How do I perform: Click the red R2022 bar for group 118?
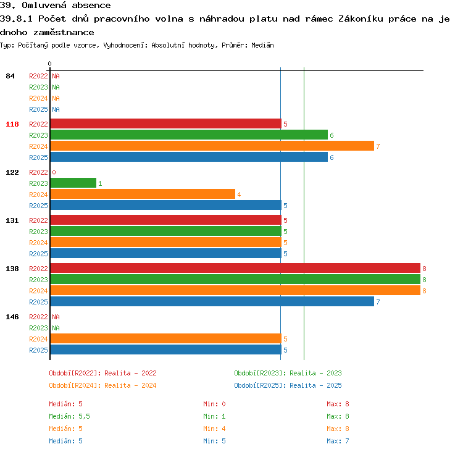click(166, 123)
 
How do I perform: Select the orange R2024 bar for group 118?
click(212, 146)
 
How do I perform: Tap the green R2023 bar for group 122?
click(73, 183)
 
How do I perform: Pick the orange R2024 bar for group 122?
click(143, 194)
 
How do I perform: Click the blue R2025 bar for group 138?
click(212, 301)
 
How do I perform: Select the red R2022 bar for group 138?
click(235, 268)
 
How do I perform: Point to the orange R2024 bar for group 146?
click(166, 338)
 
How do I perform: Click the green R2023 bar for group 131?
click(166, 231)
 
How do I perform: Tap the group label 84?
click(10, 76)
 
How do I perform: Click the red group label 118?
click(12, 124)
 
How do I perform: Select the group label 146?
click(12, 317)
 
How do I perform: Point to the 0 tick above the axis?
click(49, 64)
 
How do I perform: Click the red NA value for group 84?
click(56, 76)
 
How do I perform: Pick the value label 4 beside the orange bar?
click(239, 195)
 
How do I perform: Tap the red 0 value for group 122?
click(54, 172)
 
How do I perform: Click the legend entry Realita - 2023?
click(315, 373)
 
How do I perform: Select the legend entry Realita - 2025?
click(315, 385)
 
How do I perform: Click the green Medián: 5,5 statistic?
click(69, 416)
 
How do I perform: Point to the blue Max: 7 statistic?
click(338, 441)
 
